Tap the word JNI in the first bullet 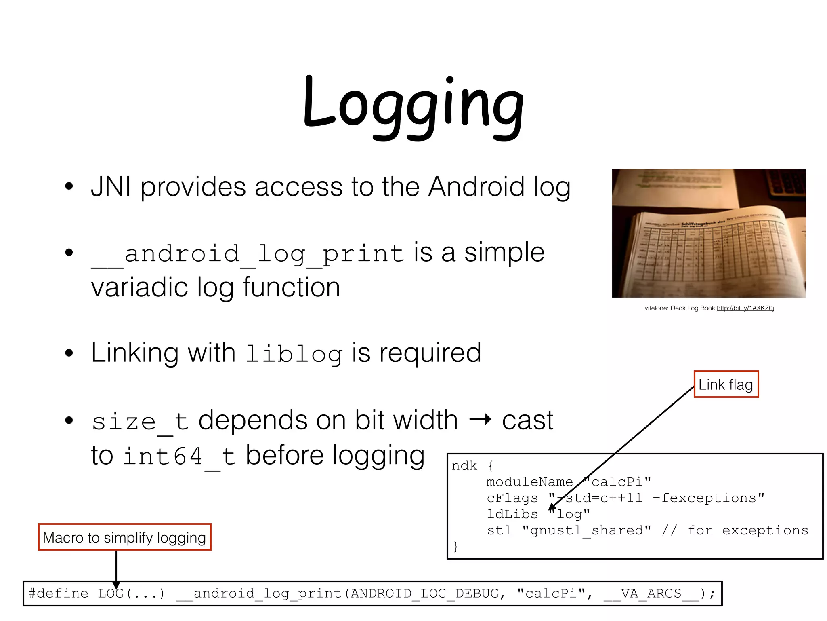(x=111, y=187)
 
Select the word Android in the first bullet (x=476, y=187)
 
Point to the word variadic (x=139, y=287)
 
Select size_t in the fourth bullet (x=140, y=421)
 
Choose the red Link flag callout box (x=726, y=384)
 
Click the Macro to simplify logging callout (x=124, y=537)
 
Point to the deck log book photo (x=709, y=233)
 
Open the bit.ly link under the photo (x=745, y=308)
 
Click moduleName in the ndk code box (x=529, y=482)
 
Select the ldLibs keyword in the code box (x=512, y=514)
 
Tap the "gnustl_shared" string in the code (x=586, y=530)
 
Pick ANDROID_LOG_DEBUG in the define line (x=424, y=594)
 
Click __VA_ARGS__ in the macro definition (x=651, y=594)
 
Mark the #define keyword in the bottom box (x=58, y=594)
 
